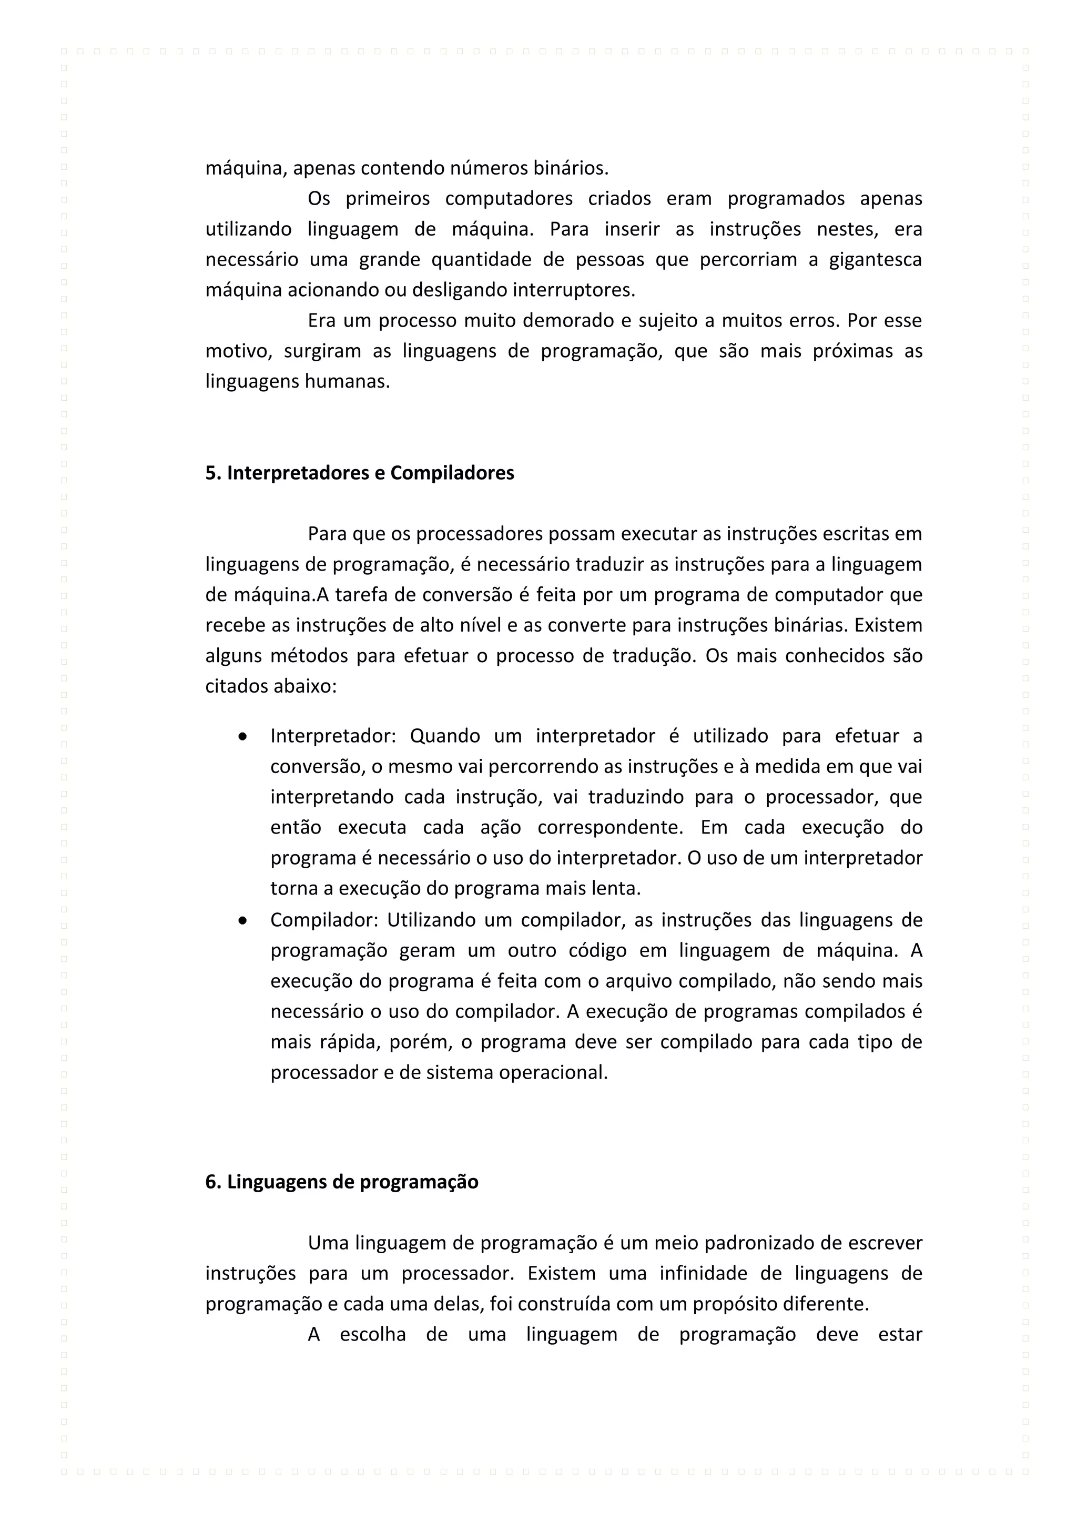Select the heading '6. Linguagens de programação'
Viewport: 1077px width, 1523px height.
click(341, 1182)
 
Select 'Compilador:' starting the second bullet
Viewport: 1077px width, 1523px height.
click(323, 920)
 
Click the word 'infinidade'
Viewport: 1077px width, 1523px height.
click(717, 1273)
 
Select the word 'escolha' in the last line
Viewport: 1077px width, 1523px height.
click(373, 1334)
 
